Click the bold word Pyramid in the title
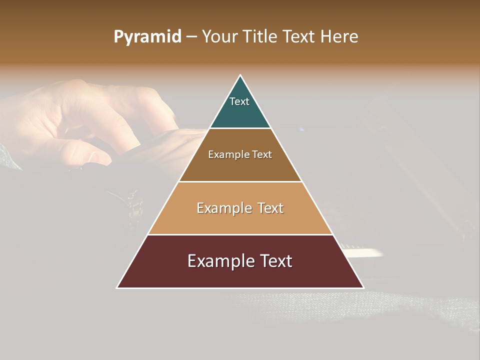147,37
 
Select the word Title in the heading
260,37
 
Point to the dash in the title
191,37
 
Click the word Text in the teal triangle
239,101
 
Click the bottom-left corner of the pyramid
118,287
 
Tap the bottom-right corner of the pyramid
363,287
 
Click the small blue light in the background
301,129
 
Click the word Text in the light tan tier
270,208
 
